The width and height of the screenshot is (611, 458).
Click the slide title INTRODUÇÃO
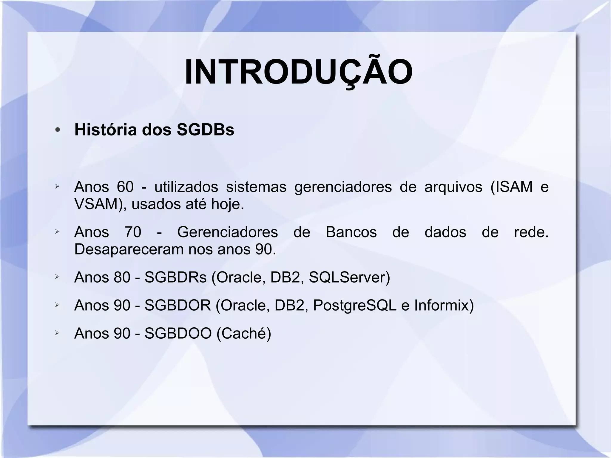(x=299, y=73)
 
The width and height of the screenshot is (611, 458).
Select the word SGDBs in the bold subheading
(x=205, y=130)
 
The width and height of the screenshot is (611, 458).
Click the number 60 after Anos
(x=125, y=187)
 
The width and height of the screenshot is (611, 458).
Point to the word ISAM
(x=512, y=187)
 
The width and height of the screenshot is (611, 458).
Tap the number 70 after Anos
(x=133, y=232)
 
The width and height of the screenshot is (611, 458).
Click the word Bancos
(x=351, y=232)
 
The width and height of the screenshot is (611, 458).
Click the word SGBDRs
(x=175, y=277)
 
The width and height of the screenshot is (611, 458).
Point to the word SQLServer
(x=349, y=277)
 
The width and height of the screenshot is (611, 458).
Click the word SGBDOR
(x=178, y=305)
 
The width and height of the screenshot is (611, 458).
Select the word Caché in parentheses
(x=243, y=333)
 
